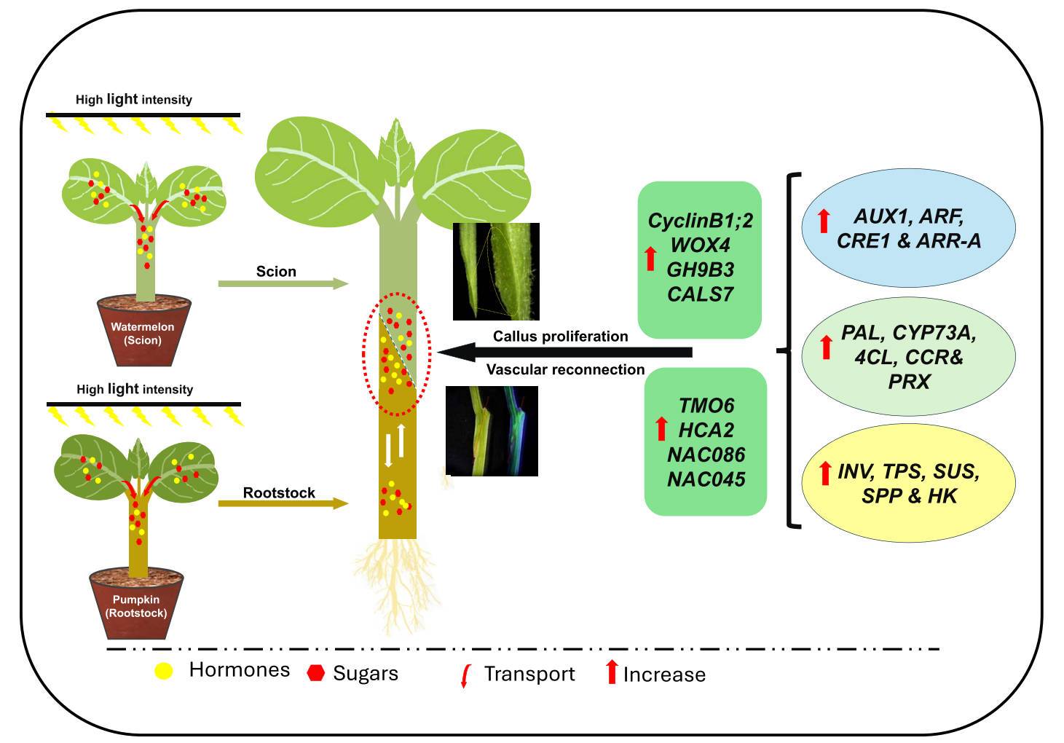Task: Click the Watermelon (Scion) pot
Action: pos(143,331)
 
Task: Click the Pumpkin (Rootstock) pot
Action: pos(136,605)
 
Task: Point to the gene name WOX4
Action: pos(700,245)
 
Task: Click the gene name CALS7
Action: pos(700,294)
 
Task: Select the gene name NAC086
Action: pos(706,455)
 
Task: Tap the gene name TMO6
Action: pos(706,405)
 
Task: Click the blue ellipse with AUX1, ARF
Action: pos(908,229)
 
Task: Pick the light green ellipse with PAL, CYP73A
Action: pos(908,357)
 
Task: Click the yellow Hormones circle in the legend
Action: pos(164,672)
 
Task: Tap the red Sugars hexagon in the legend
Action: pos(315,673)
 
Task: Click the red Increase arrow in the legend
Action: pos(612,671)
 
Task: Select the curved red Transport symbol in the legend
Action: pos(465,676)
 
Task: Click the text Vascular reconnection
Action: pos(565,370)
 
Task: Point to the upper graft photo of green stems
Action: pos(496,272)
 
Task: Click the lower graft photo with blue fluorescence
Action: pos(492,431)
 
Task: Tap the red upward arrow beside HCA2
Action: pos(661,429)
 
